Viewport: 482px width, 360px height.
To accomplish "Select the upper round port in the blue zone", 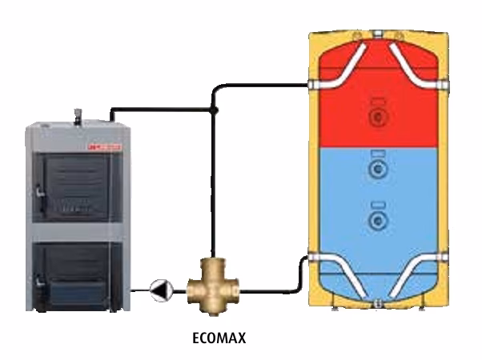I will point(376,169).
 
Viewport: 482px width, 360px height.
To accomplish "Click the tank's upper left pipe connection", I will point(317,84).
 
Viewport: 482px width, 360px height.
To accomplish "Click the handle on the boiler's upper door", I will point(38,190).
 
